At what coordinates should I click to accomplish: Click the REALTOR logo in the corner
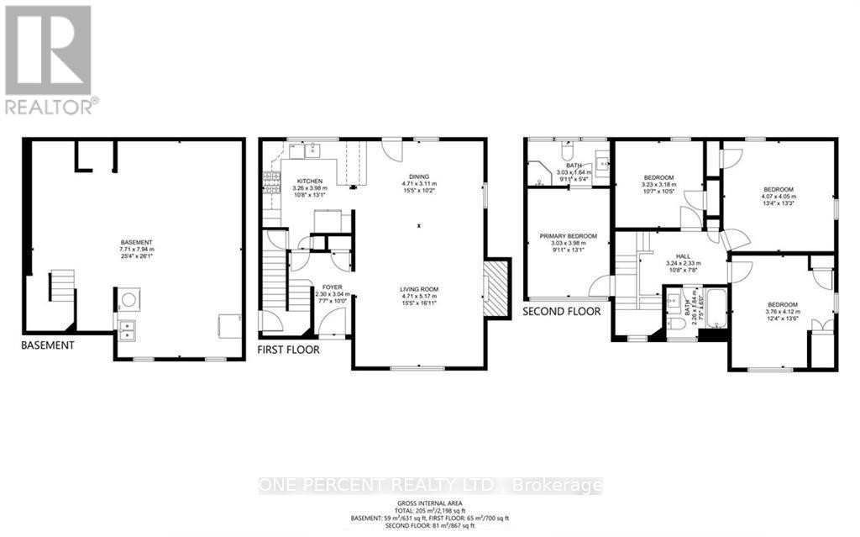pos(49,59)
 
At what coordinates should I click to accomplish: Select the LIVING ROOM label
pos(419,289)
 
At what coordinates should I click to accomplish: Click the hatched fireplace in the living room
pos(496,287)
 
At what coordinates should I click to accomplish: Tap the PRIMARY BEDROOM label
pos(568,236)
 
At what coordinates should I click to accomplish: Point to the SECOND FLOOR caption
pos(561,311)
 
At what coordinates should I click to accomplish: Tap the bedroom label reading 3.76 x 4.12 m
pos(782,304)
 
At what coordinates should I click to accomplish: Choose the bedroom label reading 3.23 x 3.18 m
pos(658,177)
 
